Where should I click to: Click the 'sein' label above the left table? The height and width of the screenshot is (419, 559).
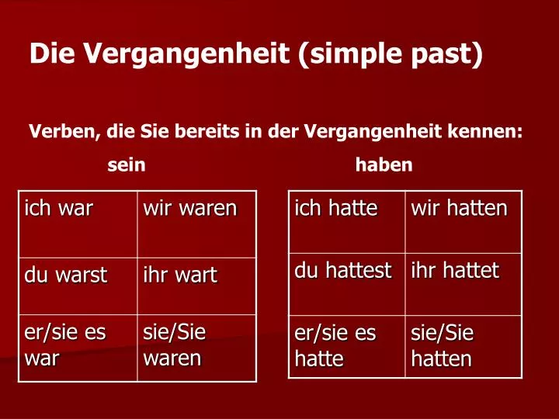click(127, 165)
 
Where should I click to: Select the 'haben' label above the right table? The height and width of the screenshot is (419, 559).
click(384, 165)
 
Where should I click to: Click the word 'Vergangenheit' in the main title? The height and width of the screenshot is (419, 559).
click(186, 54)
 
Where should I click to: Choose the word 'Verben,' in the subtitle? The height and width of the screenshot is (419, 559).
click(64, 131)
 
